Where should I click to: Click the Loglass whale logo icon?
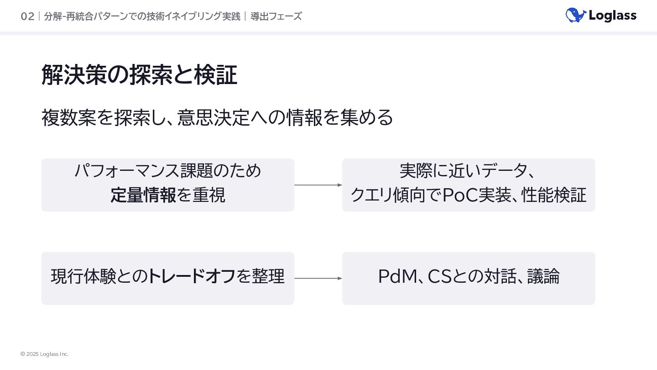click(575, 15)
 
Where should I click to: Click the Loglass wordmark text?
click(612, 16)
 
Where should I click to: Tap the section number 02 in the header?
click(27, 16)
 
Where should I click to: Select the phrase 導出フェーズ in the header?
click(276, 16)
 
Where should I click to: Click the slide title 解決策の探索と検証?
click(139, 75)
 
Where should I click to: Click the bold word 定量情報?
click(143, 195)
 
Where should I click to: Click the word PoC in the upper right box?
click(460, 195)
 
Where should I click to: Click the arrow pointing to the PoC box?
click(318, 185)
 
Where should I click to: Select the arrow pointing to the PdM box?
click(318, 278)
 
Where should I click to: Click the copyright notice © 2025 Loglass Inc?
click(44, 354)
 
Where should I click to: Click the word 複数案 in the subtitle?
click(68, 117)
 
